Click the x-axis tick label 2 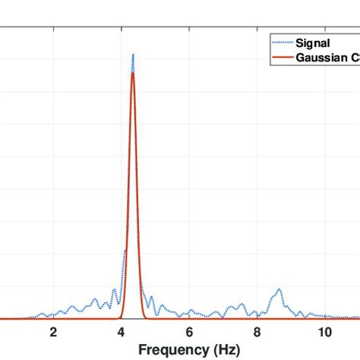pos(53,331)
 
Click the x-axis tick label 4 pos(122,331)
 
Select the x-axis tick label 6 pos(189,331)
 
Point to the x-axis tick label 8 pos(257,331)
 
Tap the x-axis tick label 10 pos(325,331)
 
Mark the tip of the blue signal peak pos(133,55)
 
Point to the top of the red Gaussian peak pos(133,73)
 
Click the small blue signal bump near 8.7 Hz pos(279,289)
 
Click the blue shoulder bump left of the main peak pos(125,251)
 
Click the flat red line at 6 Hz pos(189,318)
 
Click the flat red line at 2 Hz pos(53,318)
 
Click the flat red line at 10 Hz pos(325,318)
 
